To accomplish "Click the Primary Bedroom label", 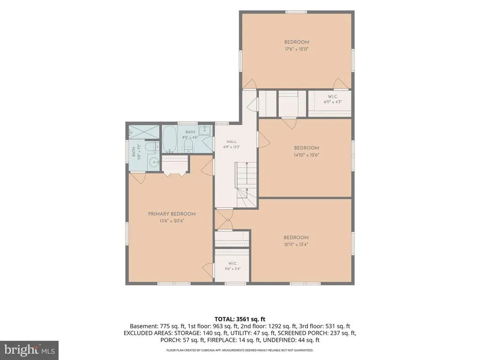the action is click(x=172, y=214).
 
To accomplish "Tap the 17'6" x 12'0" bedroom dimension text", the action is click(x=296, y=49).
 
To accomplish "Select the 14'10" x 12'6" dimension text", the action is click(x=307, y=155).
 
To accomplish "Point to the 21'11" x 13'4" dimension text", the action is click(x=296, y=245).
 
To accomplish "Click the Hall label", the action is click(x=232, y=142).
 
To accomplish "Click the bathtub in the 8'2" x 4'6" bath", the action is click(x=169, y=140).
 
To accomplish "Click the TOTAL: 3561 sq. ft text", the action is click(x=240, y=320).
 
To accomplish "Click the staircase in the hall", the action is click(x=246, y=185).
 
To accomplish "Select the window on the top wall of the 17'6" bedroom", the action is click(x=296, y=12).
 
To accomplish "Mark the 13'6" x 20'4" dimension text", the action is click(x=172, y=221).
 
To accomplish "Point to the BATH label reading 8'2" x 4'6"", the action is click(x=190, y=132).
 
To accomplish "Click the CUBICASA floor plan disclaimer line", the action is click(x=240, y=350).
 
